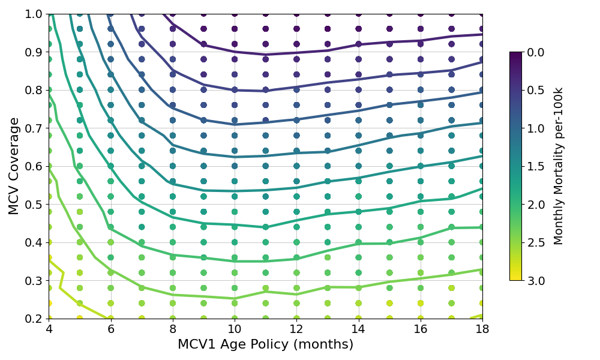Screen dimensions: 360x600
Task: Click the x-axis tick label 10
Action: click(x=235, y=329)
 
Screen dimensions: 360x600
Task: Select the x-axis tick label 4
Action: click(x=49, y=329)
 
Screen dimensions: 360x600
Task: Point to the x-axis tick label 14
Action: click(x=358, y=329)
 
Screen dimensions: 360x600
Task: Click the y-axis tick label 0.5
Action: click(x=32, y=205)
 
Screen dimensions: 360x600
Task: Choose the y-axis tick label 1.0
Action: click(x=32, y=14)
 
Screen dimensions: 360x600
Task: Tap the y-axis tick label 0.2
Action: click(x=32, y=319)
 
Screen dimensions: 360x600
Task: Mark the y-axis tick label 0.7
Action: click(x=32, y=128)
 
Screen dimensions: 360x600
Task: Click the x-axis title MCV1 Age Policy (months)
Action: click(x=265, y=345)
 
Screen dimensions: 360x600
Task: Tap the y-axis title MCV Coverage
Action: click(x=14, y=166)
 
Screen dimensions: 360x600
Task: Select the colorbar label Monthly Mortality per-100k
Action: click(x=559, y=166)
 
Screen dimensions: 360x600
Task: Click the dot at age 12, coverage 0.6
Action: click(x=296, y=166)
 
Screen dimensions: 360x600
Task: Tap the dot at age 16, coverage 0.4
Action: click(x=421, y=242)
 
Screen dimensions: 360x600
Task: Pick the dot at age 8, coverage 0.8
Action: click(x=173, y=90)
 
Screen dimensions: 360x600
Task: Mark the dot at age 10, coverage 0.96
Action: click(x=235, y=29)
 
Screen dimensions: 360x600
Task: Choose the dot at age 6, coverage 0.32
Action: click(x=110, y=272)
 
